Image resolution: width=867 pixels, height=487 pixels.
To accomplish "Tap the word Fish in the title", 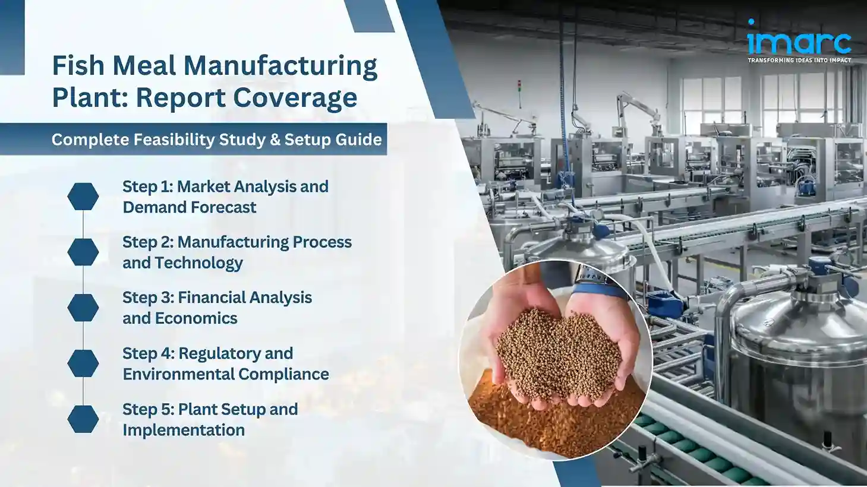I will click(x=78, y=65).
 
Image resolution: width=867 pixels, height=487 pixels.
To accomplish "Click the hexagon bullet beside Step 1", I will click(x=83, y=197).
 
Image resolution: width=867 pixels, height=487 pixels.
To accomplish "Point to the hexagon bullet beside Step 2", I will click(x=83, y=252).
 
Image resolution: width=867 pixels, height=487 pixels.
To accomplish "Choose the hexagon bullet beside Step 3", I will click(x=83, y=308).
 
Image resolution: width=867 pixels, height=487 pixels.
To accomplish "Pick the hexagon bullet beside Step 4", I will click(x=83, y=363).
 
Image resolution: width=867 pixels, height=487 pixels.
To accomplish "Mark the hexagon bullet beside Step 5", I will click(x=83, y=419).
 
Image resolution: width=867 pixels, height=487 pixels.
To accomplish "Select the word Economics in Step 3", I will click(x=196, y=318).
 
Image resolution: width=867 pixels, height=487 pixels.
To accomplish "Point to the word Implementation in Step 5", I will click(x=184, y=430).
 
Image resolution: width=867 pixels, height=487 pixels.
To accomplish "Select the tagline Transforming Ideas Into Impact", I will click(x=799, y=60).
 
